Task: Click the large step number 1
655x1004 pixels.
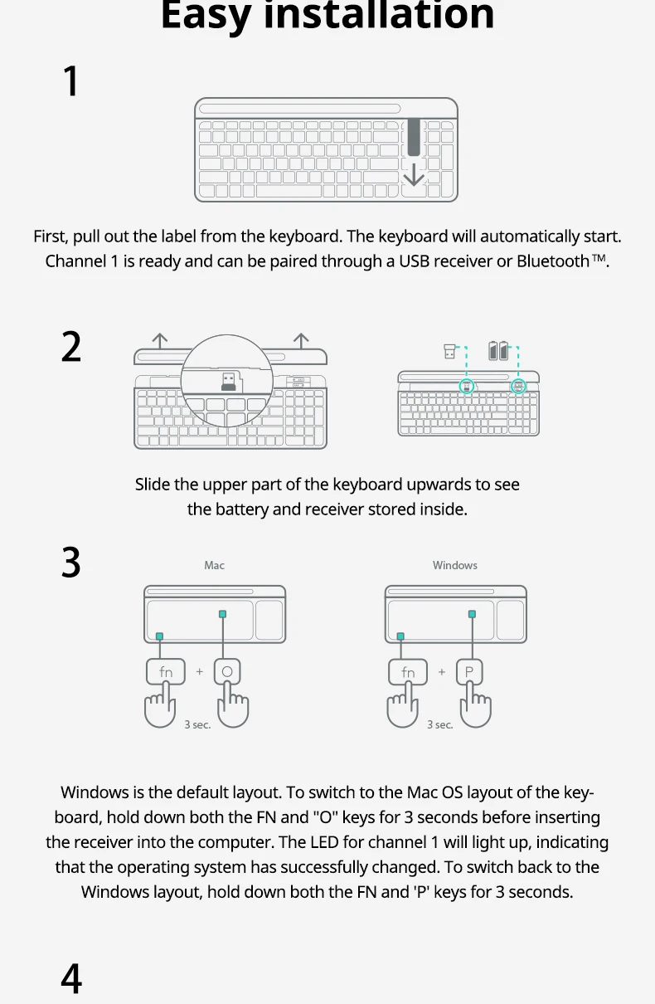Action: (71, 81)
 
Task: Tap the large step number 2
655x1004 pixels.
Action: (71, 346)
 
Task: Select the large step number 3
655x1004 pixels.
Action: (71, 562)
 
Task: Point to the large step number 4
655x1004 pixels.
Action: (71, 978)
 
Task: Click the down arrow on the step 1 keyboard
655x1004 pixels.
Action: (414, 174)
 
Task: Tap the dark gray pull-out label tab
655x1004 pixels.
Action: (414, 137)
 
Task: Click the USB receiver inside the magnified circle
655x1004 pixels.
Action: (229, 382)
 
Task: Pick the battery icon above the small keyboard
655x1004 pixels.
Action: (498, 350)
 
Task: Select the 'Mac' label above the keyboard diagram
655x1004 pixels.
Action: (214, 565)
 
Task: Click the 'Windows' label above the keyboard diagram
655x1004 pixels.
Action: (454, 565)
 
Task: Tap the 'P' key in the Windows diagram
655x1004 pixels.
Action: (469, 671)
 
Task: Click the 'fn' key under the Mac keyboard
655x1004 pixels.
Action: (166, 671)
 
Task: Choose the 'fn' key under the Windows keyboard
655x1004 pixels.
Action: (408, 671)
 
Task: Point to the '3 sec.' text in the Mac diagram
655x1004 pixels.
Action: (197, 724)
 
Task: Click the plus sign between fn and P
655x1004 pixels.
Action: (442, 671)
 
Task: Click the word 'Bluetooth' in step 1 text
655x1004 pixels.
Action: (553, 261)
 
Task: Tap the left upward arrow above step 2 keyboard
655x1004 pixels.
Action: (159, 341)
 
